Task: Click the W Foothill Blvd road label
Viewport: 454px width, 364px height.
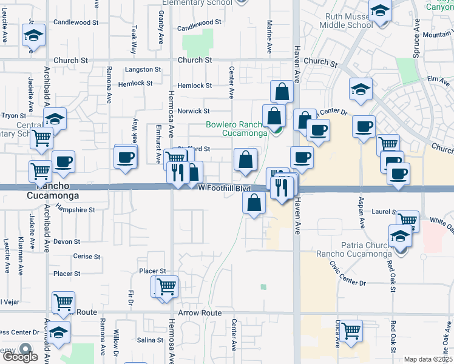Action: [225, 189]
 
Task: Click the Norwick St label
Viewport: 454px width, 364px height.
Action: [193, 111]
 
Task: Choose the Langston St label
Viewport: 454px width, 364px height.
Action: [143, 70]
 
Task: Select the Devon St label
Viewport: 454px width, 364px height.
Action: [67, 241]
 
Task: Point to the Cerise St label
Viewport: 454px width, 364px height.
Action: [86, 256]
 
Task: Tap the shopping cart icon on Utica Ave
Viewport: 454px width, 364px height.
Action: [351, 331]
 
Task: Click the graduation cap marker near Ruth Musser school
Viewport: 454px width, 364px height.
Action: [381, 12]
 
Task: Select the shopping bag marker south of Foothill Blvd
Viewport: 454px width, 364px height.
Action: [254, 202]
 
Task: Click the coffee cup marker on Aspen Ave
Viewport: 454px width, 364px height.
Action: [364, 127]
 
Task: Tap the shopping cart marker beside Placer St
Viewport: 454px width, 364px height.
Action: [166, 286]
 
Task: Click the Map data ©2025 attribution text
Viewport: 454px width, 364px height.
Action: [428, 359]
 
